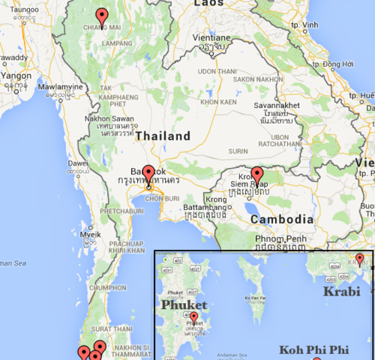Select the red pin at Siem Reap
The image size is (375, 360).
pyautogui.click(x=257, y=175)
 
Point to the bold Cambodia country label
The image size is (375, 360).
pyautogui.click(x=281, y=219)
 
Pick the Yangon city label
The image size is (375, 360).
pyautogui.click(x=16, y=76)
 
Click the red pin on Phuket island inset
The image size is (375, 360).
pyautogui.click(x=194, y=317)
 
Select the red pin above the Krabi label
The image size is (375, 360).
pyautogui.click(x=359, y=259)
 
